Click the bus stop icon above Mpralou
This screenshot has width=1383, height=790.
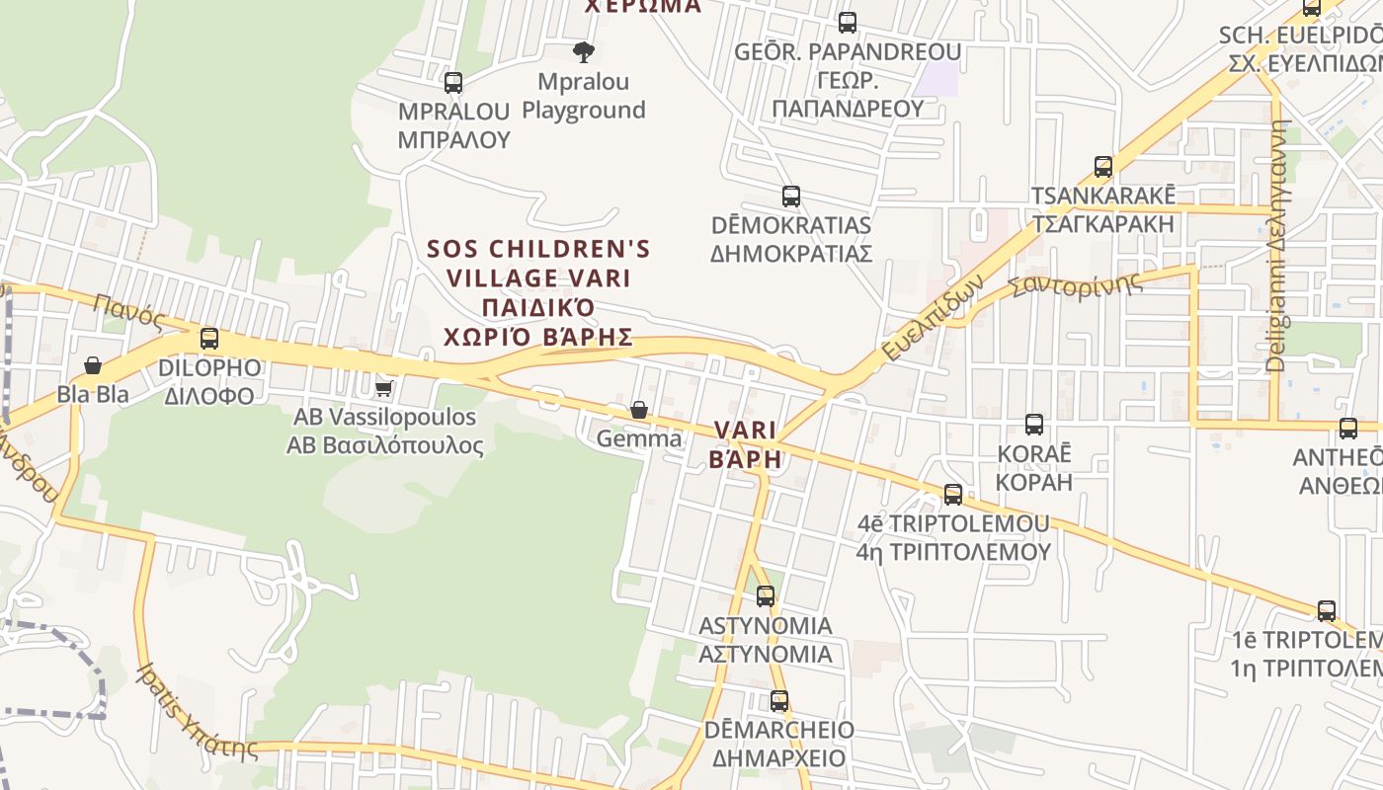[453, 83]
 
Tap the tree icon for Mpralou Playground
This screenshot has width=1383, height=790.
[584, 52]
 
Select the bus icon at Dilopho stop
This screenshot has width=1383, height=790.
[209, 339]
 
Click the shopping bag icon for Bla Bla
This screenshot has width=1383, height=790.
[93, 365]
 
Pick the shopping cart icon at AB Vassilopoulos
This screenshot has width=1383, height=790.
[384, 388]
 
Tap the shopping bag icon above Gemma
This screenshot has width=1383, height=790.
[639, 410]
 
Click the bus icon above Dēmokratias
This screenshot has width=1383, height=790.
[790, 196]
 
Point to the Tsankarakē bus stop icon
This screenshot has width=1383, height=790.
[1103, 166]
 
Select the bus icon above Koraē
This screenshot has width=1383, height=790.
[1034, 425]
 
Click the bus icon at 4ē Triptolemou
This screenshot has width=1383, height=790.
[953, 494]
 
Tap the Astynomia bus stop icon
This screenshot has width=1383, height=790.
[766, 596]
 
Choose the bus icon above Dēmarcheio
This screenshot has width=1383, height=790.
[779, 701]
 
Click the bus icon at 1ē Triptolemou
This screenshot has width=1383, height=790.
[1327, 610]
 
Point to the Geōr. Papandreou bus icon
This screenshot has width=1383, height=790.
[847, 22]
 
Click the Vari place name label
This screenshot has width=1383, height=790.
[745, 444]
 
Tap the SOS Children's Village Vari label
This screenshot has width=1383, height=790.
[538, 292]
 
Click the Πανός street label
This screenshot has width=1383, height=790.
[129, 310]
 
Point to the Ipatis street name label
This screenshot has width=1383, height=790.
[198, 713]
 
